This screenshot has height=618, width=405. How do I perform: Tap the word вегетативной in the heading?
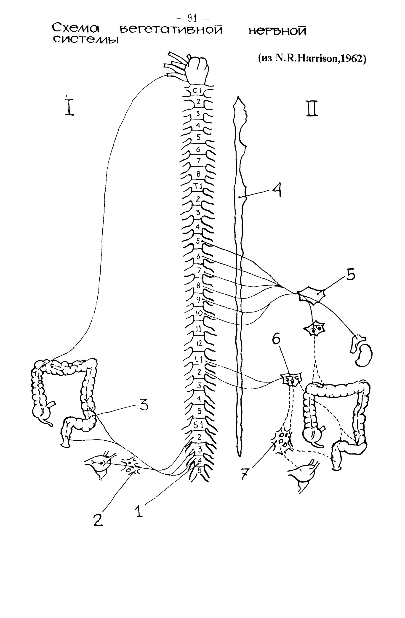(x=171, y=30)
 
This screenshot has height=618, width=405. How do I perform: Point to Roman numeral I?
(x=69, y=106)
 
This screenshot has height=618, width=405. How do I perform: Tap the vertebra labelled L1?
(x=199, y=360)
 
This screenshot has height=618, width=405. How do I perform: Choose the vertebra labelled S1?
(x=199, y=425)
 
